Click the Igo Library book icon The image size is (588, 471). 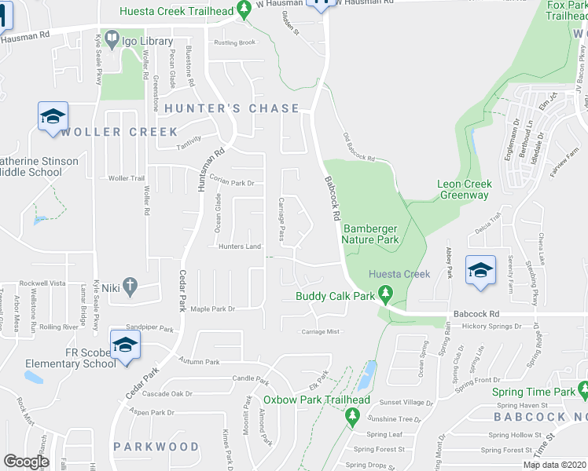pos(112,38)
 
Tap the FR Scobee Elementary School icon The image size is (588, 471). pos(125,345)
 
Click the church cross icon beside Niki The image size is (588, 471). pos(130,287)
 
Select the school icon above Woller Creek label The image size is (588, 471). pos(53,116)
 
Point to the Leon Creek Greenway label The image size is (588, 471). pos(465,189)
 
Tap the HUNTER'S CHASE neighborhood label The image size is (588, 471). pos(232,108)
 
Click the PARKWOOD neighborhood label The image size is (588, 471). pos(156,447)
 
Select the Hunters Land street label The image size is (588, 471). pos(239,247)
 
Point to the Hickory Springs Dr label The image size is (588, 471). pos(491,325)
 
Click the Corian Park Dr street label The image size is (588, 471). pos(232,183)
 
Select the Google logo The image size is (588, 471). pos(26,462)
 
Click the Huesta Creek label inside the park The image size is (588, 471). pos(400,274)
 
